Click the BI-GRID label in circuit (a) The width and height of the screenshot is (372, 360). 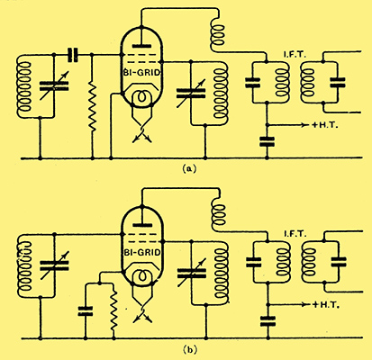tap(141, 72)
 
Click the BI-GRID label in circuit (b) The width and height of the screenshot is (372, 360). tap(141, 253)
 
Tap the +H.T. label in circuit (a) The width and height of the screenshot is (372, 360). tap(325, 125)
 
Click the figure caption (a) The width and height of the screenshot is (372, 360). tap(189, 168)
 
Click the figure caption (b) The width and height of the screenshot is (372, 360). tap(189, 349)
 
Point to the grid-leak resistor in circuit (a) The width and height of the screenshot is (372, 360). tap(92, 106)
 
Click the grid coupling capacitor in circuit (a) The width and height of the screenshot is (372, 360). tap(73, 55)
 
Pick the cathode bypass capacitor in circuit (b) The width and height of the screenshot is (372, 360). tap(86, 310)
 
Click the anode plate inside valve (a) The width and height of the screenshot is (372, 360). tap(141, 46)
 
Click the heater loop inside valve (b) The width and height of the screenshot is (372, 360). tap(142, 275)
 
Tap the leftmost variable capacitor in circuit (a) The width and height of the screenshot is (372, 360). tap(54, 85)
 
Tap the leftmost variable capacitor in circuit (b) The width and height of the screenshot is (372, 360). tap(54, 265)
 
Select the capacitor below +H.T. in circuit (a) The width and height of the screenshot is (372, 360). tap(267, 141)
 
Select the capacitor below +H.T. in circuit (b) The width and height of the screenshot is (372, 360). tap(268, 320)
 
